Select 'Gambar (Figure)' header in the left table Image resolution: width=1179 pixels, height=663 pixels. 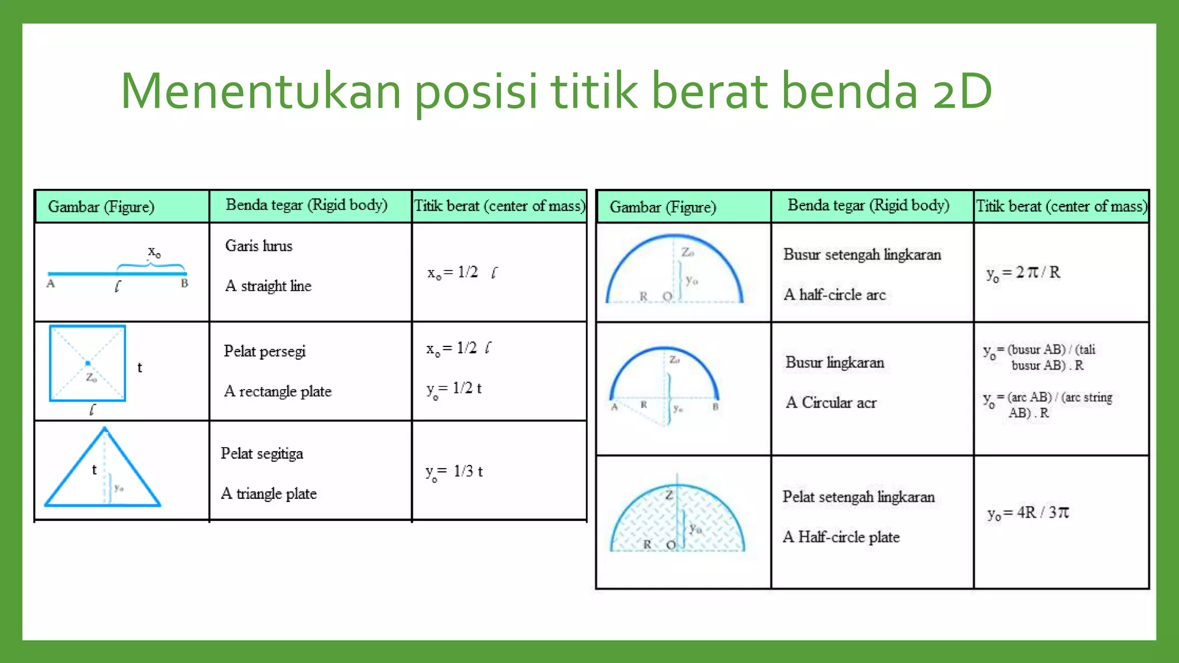coord(101,207)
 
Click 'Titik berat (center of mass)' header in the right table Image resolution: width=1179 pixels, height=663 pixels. coord(1061,206)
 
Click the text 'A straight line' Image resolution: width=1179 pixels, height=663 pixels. coord(268,285)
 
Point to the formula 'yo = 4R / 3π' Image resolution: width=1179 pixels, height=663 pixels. coord(1028,513)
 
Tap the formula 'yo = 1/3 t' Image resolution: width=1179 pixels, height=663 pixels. coord(454,472)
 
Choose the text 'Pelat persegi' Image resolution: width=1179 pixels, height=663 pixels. coord(264,351)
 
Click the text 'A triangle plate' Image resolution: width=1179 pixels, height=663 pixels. coord(269,493)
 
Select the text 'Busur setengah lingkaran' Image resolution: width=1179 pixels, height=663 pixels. coord(862,254)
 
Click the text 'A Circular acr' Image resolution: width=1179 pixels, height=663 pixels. coord(831,402)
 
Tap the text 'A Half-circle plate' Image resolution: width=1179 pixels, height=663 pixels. coord(840,537)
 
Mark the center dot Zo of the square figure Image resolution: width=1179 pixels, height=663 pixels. coord(88,363)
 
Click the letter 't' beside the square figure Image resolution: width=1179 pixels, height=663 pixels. coord(139,368)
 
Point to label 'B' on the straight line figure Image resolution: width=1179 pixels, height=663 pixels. coord(184,283)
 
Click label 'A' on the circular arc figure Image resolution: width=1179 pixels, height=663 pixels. coord(614,407)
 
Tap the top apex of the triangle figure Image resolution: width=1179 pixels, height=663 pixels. coord(105,429)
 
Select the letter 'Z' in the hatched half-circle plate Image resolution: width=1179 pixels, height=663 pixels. coord(668,495)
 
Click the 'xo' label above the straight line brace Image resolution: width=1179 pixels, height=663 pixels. coord(154,252)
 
